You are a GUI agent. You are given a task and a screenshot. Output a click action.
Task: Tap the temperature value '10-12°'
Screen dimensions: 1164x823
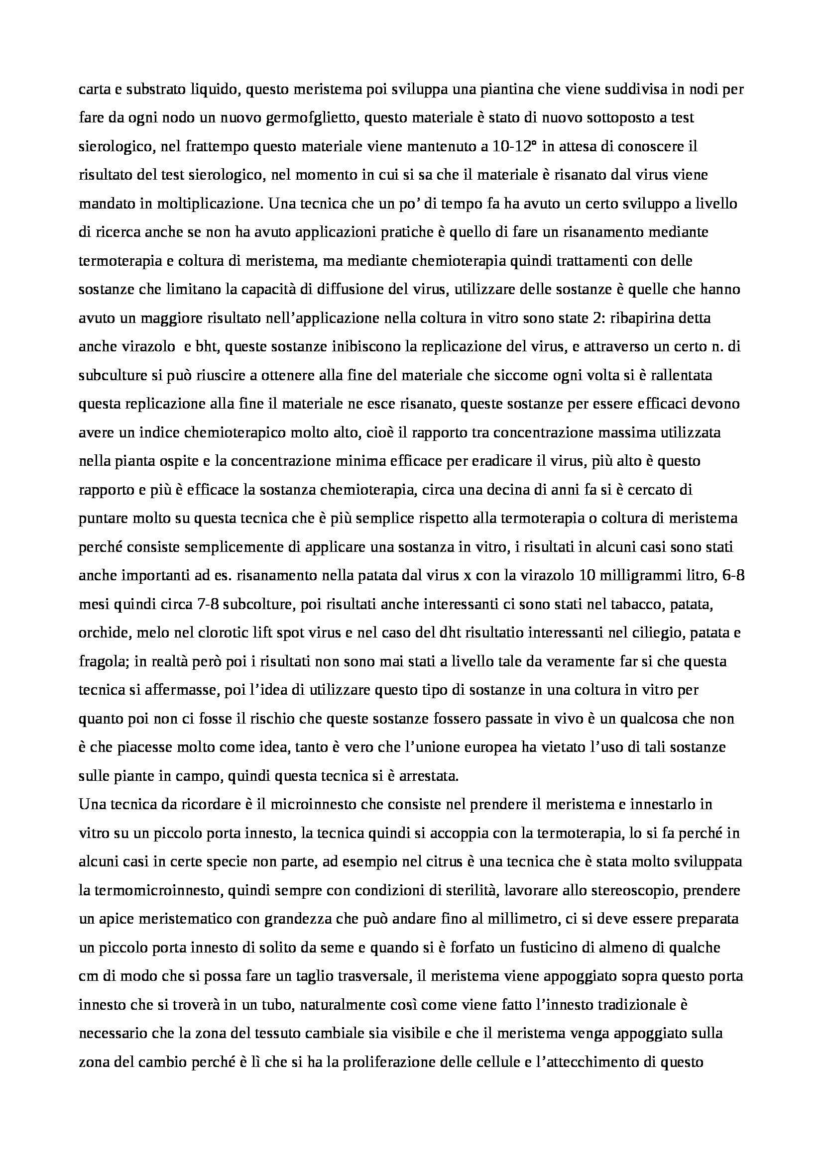[516, 147]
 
